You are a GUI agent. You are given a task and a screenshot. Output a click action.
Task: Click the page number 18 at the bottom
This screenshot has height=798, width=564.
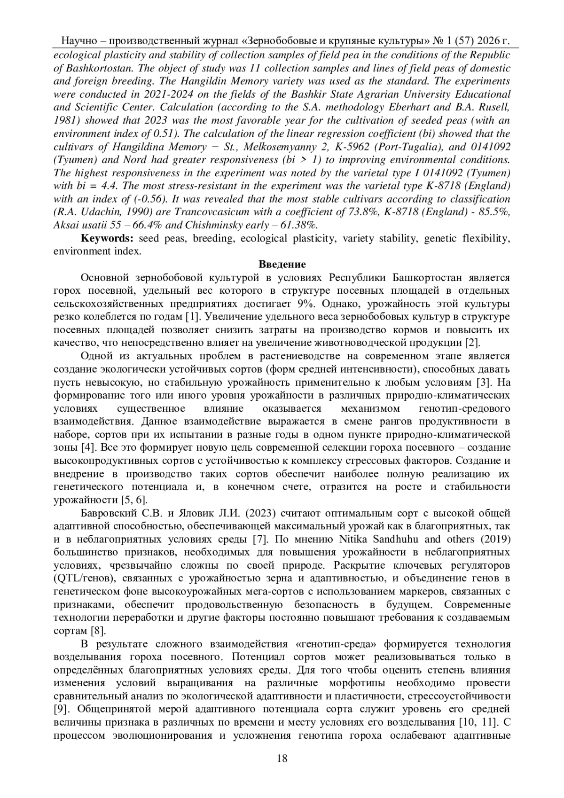(x=282, y=758)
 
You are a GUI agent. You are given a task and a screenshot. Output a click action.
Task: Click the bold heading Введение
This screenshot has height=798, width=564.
(x=282, y=264)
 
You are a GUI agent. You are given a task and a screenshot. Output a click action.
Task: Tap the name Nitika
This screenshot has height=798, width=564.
(x=356, y=539)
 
